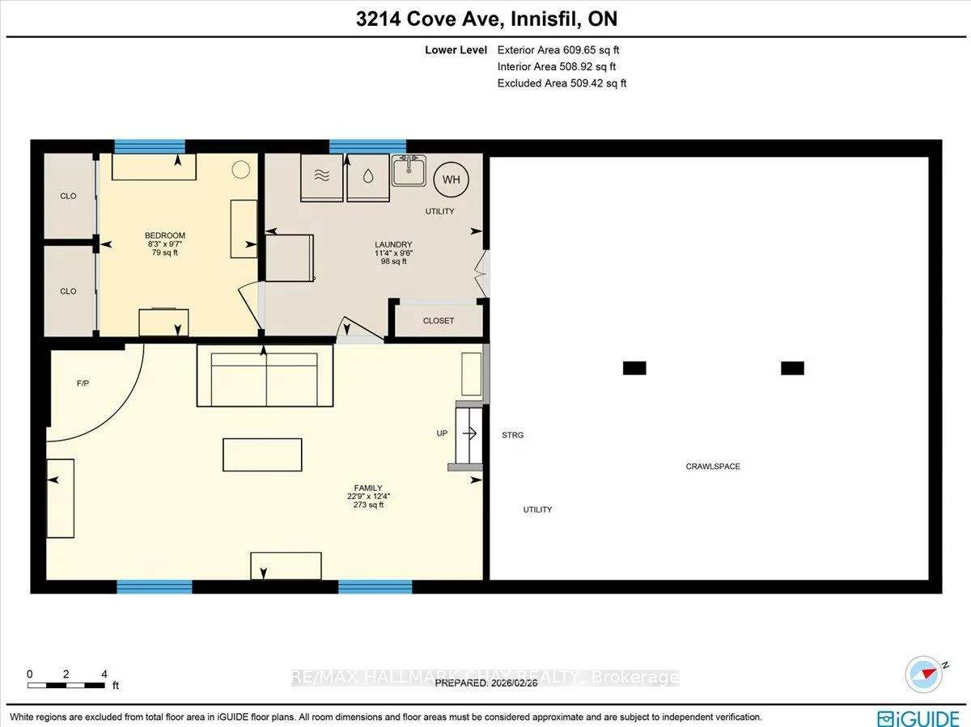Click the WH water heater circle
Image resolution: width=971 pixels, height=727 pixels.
coord(451,180)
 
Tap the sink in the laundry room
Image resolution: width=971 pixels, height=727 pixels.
coord(410,171)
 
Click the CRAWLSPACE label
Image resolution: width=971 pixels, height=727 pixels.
coord(713,467)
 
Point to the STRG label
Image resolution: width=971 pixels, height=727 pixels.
coord(512,435)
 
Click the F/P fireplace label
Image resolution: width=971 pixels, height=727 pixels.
coord(83,383)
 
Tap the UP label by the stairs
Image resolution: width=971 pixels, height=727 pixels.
coord(442,433)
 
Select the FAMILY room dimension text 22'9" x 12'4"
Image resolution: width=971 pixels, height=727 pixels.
coord(368,497)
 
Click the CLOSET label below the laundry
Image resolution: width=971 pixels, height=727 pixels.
coord(439,321)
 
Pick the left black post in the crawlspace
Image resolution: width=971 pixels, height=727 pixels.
coord(634,368)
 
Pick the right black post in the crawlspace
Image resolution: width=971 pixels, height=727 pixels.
coord(792,368)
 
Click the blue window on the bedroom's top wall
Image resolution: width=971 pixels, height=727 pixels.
coord(150,146)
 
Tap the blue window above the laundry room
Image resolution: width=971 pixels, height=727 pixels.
coord(367,146)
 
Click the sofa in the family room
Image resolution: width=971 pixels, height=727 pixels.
coord(265,376)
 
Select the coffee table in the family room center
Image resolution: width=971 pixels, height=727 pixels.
coord(262,454)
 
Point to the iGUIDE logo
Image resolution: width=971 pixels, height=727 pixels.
coord(919,717)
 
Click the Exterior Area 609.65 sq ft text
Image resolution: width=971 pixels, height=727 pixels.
coord(558,50)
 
